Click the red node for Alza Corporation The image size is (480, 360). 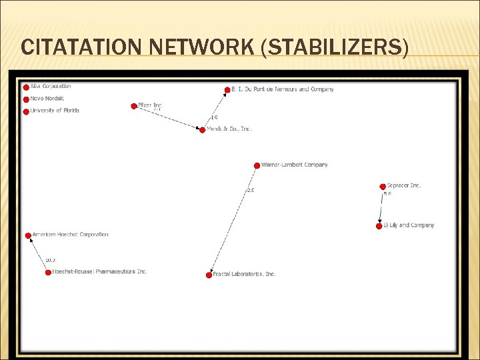coord(26,87)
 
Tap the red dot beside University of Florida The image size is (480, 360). coord(26,111)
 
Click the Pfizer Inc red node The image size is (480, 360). coord(134,105)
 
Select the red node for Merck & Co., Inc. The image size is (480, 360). coord(203,129)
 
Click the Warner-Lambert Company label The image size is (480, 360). coord(294,165)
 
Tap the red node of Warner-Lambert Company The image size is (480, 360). coord(257,165)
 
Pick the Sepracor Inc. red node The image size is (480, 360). coord(382,186)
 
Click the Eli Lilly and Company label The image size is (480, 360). coord(409,225)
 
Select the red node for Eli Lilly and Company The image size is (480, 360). coord(379,226)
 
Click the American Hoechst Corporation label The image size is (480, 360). coord(70,235)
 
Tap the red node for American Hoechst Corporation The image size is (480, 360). coord(28,235)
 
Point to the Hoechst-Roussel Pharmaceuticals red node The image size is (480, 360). coord(48,272)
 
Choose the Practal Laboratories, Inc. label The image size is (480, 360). coord(244,274)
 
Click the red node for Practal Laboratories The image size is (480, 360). coord(209,275)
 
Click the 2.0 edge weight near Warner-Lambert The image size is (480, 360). coord(251,190)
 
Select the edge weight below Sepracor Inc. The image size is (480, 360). coord(387,194)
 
